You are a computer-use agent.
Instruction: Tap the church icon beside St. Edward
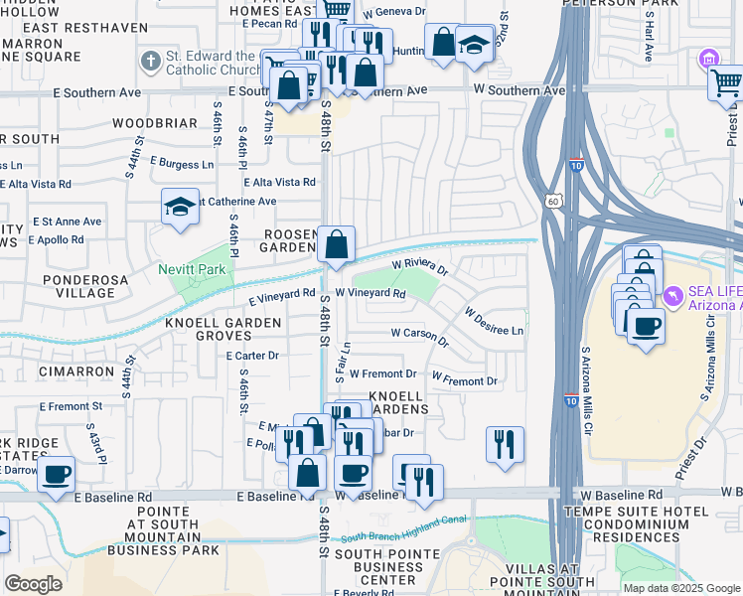(150, 63)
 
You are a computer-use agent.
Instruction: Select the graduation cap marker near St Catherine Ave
(180, 208)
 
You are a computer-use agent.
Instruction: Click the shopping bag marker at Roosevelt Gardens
(337, 244)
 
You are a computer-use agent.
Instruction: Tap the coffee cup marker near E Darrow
(57, 474)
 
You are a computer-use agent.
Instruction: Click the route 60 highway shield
(553, 201)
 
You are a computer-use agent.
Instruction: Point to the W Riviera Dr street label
(420, 266)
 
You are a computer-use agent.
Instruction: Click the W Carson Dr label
(420, 336)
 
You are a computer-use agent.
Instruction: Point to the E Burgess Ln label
(182, 163)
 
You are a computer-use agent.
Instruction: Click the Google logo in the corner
(33, 583)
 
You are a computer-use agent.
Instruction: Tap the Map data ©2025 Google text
(680, 588)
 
